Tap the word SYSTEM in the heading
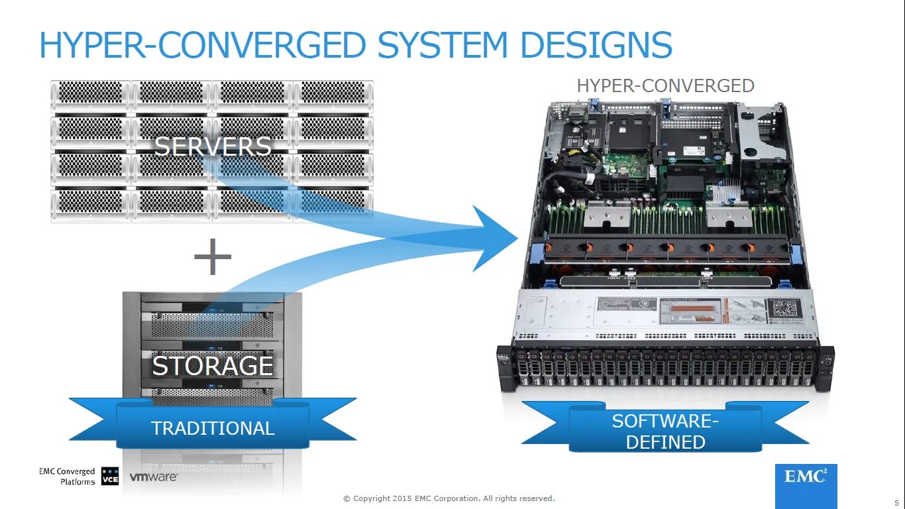[443, 45]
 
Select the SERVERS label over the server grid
[213, 146]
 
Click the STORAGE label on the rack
[213, 365]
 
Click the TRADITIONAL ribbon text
[213, 428]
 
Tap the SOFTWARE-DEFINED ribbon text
[665, 431]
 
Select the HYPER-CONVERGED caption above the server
[665, 86]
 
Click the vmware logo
[153, 477]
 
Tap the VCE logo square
[110, 477]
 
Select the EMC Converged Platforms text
[68, 477]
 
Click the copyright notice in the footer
[449, 498]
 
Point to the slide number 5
[896, 502]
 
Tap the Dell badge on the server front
[503, 361]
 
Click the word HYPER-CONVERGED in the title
[203, 45]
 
